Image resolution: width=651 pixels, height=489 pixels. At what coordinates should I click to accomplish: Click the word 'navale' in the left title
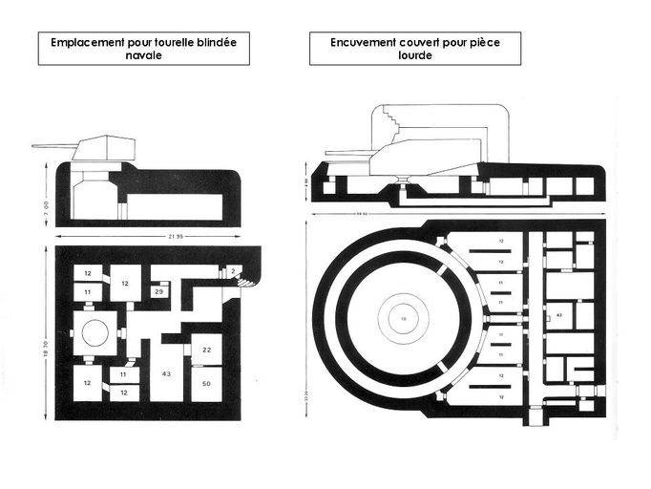point(143,56)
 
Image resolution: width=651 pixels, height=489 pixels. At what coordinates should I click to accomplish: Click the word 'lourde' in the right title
point(415,56)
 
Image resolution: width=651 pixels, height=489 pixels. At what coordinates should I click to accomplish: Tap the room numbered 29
point(158,290)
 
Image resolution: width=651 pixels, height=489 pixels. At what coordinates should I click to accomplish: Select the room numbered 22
point(206,351)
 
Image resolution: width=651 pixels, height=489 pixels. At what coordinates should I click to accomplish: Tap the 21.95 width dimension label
point(147,236)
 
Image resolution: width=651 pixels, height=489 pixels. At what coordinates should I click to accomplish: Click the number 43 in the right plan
point(558,313)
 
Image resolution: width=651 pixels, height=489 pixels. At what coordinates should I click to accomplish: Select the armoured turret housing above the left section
point(107,147)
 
